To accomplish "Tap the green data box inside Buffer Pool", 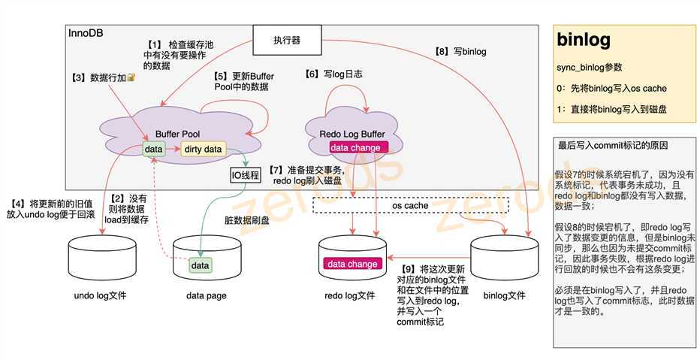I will click(154, 149).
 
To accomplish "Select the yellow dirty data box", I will click(203, 149).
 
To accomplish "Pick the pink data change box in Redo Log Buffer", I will click(355, 147).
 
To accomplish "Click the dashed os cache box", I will click(410, 205).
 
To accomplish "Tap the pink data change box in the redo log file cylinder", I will click(352, 264).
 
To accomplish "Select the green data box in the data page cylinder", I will click(200, 265).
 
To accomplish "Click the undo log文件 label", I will click(100, 295).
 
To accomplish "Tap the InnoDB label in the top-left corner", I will click(86, 34).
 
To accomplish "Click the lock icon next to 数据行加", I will click(131, 77).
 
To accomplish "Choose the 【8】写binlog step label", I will click(460, 52).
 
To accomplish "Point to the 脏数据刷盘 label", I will click(246, 220).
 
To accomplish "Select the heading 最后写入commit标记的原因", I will click(612, 145).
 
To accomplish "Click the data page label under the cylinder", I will click(206, 295).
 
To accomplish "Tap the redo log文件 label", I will click(349, 295).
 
